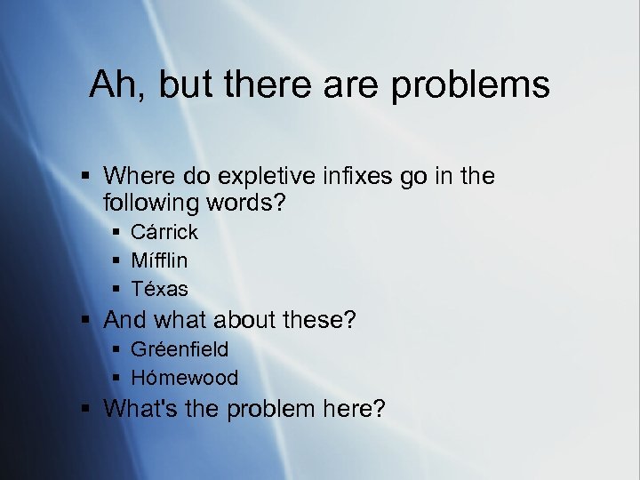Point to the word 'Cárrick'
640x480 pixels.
pos(164,233)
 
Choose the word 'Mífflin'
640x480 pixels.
pos(159,261)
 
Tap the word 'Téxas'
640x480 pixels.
pos(159,290)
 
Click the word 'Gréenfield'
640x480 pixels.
pos(179,349)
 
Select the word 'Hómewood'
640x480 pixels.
pos(184,378)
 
